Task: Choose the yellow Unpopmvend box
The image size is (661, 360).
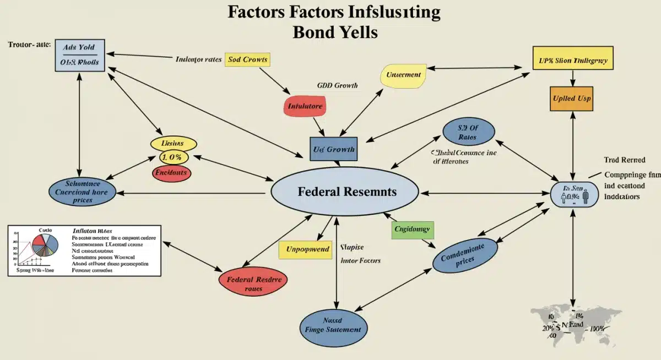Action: click(x=307, y=249)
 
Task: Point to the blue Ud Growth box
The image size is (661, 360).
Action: click(x=334, y=149)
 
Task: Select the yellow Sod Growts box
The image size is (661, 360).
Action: click(x=247, y=59)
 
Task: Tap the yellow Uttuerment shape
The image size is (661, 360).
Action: click(x=403, y=75)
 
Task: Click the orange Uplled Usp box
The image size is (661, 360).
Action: click(x=571, y=99)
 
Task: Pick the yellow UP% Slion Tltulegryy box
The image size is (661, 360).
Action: click(x=573, y=61)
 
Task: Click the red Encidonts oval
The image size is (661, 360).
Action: click(x=174, y=173)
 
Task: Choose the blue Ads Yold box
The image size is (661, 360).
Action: click(x=80, y=55)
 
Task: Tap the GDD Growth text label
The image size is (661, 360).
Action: click(x=337, y=85)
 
